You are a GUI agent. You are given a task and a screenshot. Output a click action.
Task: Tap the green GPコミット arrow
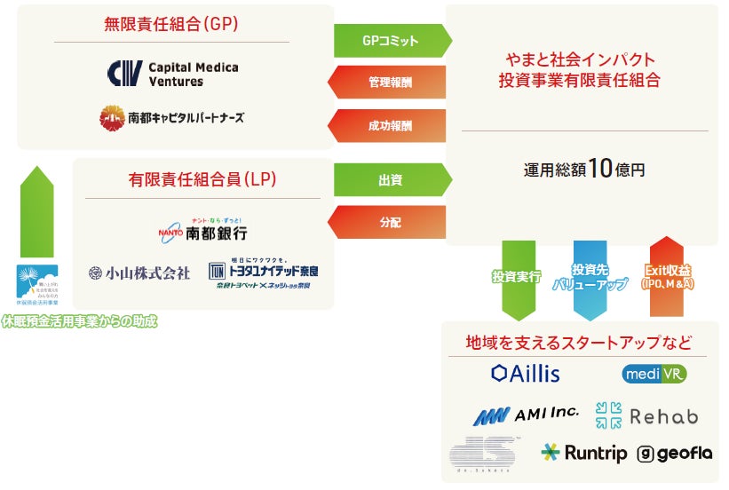click(x=391, y=41)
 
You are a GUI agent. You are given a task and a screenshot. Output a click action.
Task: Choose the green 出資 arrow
click(x=391, y=180)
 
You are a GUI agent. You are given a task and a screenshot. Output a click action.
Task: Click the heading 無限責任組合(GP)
click(x=171, y=24)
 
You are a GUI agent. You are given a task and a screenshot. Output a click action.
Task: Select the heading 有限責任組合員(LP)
click(x=202, y=179)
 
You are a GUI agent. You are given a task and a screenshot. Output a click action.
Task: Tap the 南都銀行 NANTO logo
click(x=202, y=230)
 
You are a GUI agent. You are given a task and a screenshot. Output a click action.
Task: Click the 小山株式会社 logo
click(x=139, y=273)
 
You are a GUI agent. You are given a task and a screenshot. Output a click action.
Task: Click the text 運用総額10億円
click(x=583, y=170)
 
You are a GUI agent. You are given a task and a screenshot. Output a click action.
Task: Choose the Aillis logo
click(x=526, y=373)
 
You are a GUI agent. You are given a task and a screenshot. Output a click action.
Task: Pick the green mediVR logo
click(x=654, y=374)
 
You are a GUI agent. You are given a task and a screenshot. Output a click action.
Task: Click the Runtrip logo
click(x=583, y=454)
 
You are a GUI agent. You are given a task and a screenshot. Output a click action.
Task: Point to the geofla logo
click(x=674, y=454)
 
